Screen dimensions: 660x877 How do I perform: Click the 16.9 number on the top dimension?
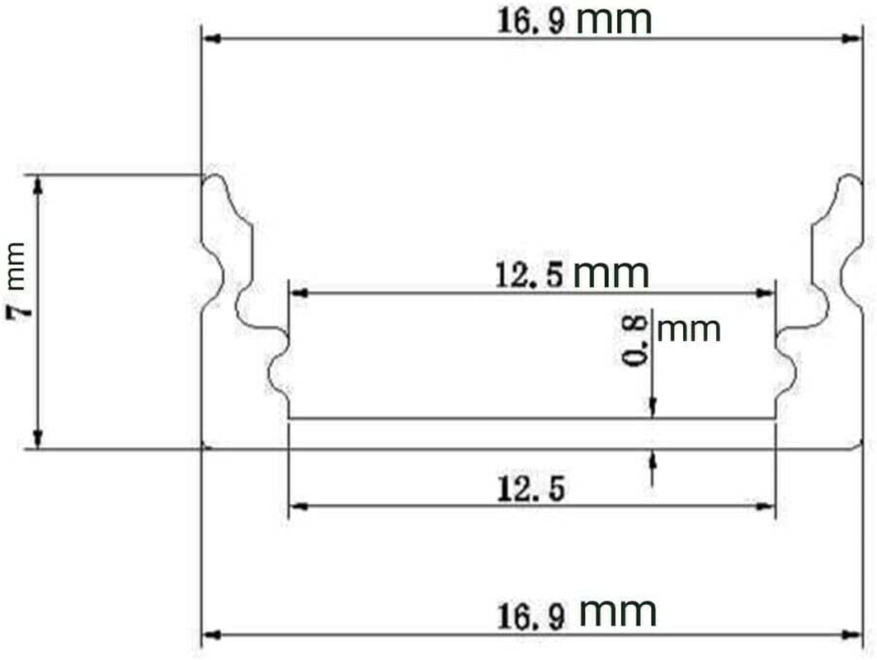click(x=530, y=21)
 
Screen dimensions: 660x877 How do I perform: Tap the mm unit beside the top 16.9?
click(x=614, y=20)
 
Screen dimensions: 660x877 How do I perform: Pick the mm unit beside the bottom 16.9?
click(x=619, y=613)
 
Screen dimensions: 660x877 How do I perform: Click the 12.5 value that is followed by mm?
click(x=529, y=274)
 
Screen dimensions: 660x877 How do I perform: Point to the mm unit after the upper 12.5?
click(x=611, y=272)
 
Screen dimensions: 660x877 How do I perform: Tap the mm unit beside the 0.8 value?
click(x=690, y=330)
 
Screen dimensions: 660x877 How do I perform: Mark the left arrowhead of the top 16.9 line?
click(x=210, y=38)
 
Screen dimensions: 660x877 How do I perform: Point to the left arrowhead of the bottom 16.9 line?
click(x=210, y=634)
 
